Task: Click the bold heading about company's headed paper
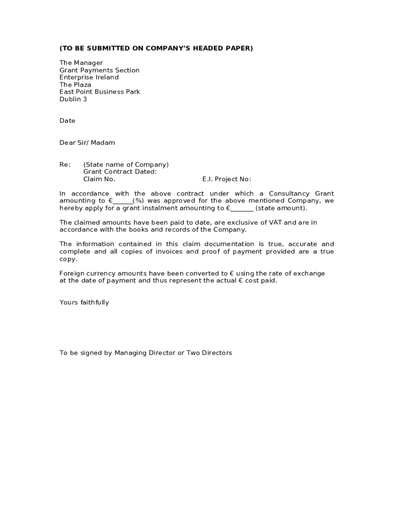coord(156,48)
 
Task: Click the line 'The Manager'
coord(81,63)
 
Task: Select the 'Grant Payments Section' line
coord(99,70)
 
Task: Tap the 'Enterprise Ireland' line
coord(89,77)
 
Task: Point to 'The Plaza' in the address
coord(75,84)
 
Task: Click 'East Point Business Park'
coord(100,92)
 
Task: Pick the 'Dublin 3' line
coord(73,99)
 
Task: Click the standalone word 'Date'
coord(67,121)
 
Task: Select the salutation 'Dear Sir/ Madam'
coord(87,143)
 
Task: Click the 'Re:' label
coord(65,165)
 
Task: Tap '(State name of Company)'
coord(126,165)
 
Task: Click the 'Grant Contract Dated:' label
coord(120,172)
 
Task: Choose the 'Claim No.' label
coord(99,179)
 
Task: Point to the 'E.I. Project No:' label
coord(227,179)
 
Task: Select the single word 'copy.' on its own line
coord(68,259)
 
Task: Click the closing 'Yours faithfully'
coord(84,302)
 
